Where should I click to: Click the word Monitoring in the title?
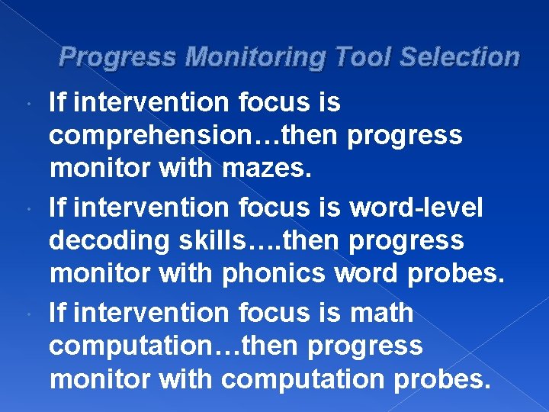[x=254, y=57]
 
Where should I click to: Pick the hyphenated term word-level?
[x=416, y=207]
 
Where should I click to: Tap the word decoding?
[x=108, y=241]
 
